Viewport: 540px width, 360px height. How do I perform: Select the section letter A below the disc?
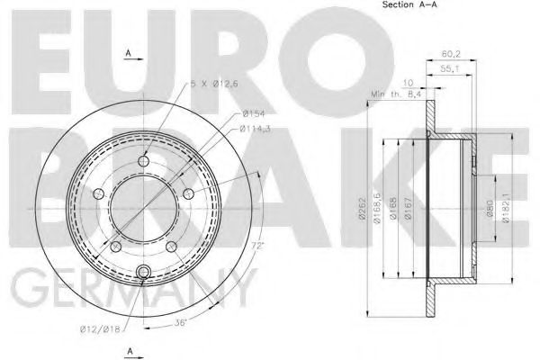(128, 350)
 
